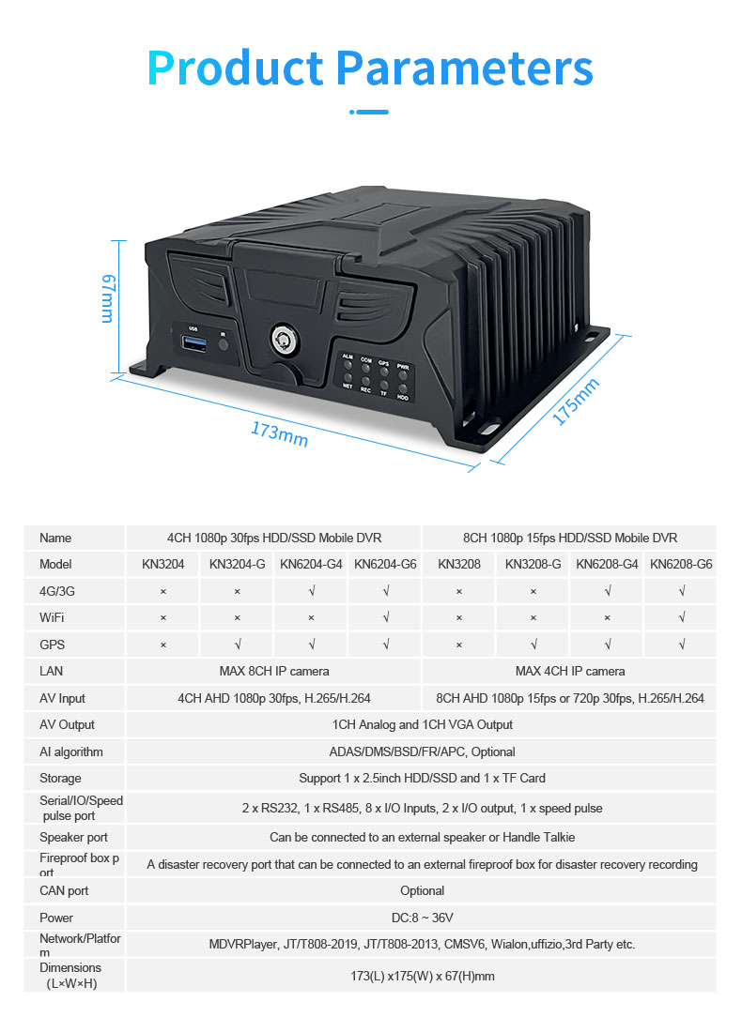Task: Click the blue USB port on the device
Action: [x=193, y=342]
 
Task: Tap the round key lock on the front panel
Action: [x=285, y=340]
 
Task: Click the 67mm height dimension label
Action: [x=108, y=298]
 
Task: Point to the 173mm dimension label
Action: [x=279, y=434]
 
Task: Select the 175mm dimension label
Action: [x=575, y=402]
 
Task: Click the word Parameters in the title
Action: [x=465, y=68]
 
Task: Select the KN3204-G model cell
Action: [x=238, y=564]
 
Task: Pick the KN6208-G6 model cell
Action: [x=681, y=564]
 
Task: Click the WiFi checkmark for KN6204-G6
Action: [x=385, y=617]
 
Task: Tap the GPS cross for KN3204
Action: [x=163, y=645]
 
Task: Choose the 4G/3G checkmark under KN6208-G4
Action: [x=608, y=591]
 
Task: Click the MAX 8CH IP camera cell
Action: [x=274, y=672]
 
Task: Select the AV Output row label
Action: [x=67, y=724]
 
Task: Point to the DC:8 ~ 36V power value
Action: [x=423, y=918]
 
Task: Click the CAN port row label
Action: [x=64, y=890]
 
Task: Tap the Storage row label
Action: [x=60, y=778]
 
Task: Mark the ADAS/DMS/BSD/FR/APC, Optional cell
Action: [x=423, y=751]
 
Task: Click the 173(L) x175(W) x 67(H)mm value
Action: [x=423, y=976]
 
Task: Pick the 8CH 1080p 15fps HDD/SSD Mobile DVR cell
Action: [x=570, y=538]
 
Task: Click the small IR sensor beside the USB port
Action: [x=224, y=343]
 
